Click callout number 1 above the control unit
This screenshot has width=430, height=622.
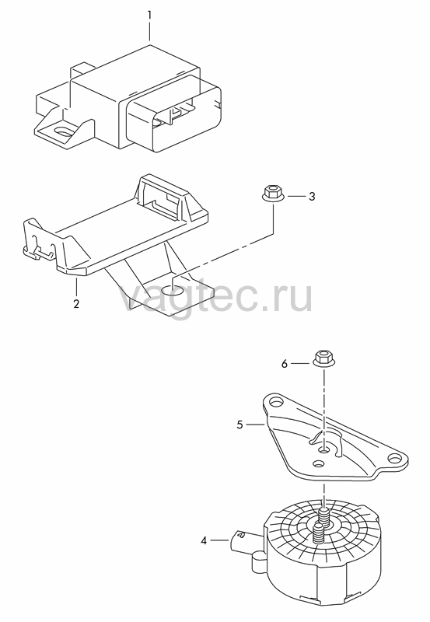[x=149, y=16]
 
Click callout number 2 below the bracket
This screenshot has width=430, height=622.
[x=76, y=304]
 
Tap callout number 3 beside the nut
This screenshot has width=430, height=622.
[x=312, y=197]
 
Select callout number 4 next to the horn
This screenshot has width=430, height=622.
[x=204, y=540]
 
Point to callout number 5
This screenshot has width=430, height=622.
[x=239, y=425]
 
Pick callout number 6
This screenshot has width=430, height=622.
[x=285, y=364]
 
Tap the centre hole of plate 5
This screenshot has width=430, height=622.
[x=324, y=449]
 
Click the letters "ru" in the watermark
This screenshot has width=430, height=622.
[x=288, y=299]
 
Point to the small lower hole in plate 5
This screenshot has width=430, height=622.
[x=318, y=463]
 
